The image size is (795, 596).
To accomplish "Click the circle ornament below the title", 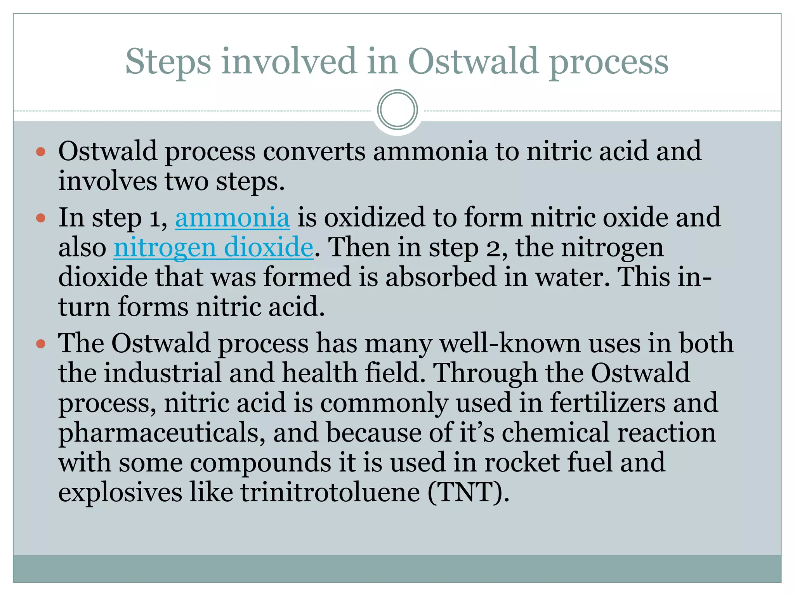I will [397, 109].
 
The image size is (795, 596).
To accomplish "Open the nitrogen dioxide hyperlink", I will [213, 247].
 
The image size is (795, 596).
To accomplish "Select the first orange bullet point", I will [41, 151].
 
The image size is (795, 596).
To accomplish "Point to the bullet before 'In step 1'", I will [41, 218].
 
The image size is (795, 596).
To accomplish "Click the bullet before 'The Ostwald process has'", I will [41, 343].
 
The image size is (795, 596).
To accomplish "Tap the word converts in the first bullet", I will [314, 151].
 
